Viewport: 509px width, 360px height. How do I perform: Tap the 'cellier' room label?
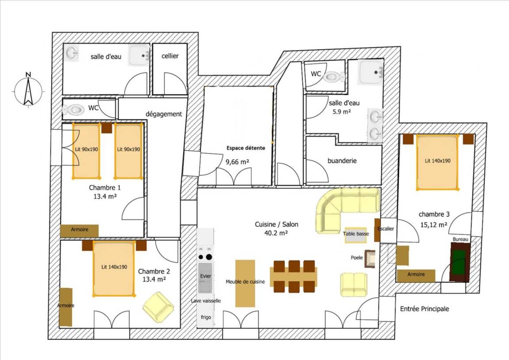click(x=170, y=56)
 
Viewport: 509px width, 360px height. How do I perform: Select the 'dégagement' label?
click(x=163, y=114)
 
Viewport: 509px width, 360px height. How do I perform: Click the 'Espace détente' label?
click(x=246, y=148)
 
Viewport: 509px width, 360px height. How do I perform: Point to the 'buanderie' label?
click(x=342, y=161)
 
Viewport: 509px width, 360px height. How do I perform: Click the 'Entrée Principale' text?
click(x=424, y=309)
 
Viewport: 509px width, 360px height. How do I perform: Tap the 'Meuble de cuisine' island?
click(x=245, y=283)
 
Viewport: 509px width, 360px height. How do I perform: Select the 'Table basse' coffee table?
click(x=356, y=235)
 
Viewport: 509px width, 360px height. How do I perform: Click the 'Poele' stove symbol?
click(x=370, y=259)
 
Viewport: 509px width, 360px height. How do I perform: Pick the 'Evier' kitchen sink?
click(x=205, y=277)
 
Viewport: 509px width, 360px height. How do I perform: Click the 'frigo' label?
click(x=206, y=317)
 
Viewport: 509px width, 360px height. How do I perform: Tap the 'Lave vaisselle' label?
click(x=206, y=301)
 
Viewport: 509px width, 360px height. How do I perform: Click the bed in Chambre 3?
click(x=437, y=162)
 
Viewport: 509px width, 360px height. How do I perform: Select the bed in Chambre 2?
click(x=114, y=269)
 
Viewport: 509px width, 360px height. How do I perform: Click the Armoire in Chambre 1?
click(x=79, y=231)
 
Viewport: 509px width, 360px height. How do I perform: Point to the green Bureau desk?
click(x=460, y=261)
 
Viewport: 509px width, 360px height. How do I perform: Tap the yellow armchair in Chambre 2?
click(x=159, y=307)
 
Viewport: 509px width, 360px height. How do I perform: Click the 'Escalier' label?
click(x=386, y=228)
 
